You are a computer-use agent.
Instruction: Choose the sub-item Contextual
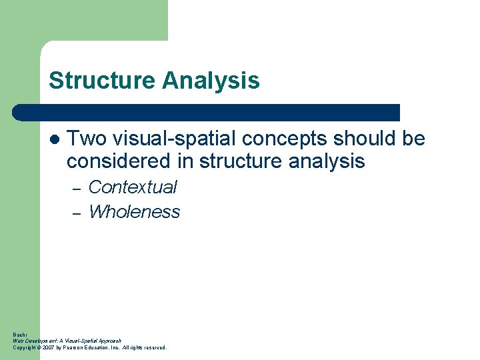tap(133, 187)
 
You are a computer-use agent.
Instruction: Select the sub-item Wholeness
tap(134, 212)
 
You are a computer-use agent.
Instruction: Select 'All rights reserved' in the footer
tap(145, 347)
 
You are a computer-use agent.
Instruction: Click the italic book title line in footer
tap(67, 341)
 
